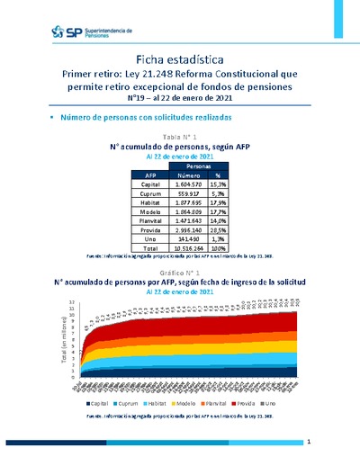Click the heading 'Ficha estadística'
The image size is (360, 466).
(x=180, y=58)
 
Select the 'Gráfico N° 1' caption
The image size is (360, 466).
(x=180, y=271)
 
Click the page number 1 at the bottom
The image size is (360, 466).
(x=308, y=443)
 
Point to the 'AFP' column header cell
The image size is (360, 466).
(x=150, y=175)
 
